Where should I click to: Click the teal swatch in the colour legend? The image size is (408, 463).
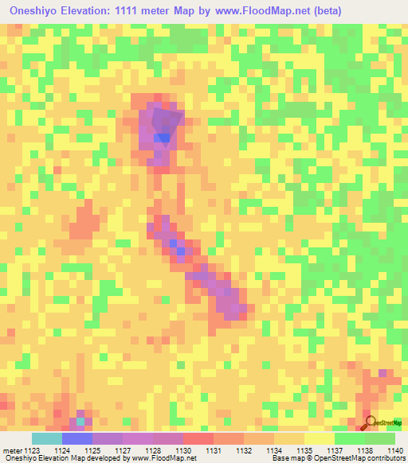point(47,439)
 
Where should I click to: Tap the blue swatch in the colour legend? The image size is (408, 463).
point(77,439)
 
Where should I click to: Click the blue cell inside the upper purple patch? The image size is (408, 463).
point(163,138)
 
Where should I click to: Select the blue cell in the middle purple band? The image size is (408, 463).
point(181,251)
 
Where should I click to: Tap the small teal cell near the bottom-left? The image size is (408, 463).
point(80,421)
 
